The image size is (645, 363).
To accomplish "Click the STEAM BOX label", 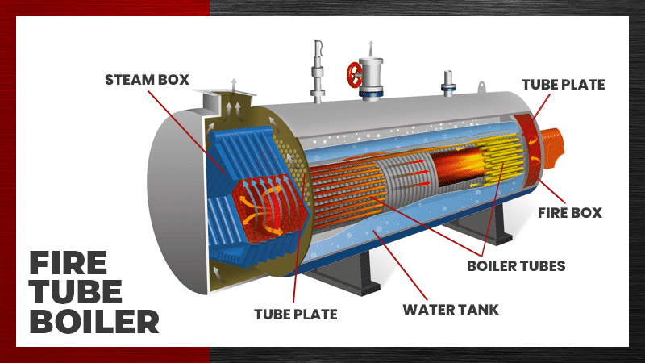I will [x=146, y=80].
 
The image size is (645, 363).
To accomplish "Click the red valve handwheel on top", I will [x=355, y=74].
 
